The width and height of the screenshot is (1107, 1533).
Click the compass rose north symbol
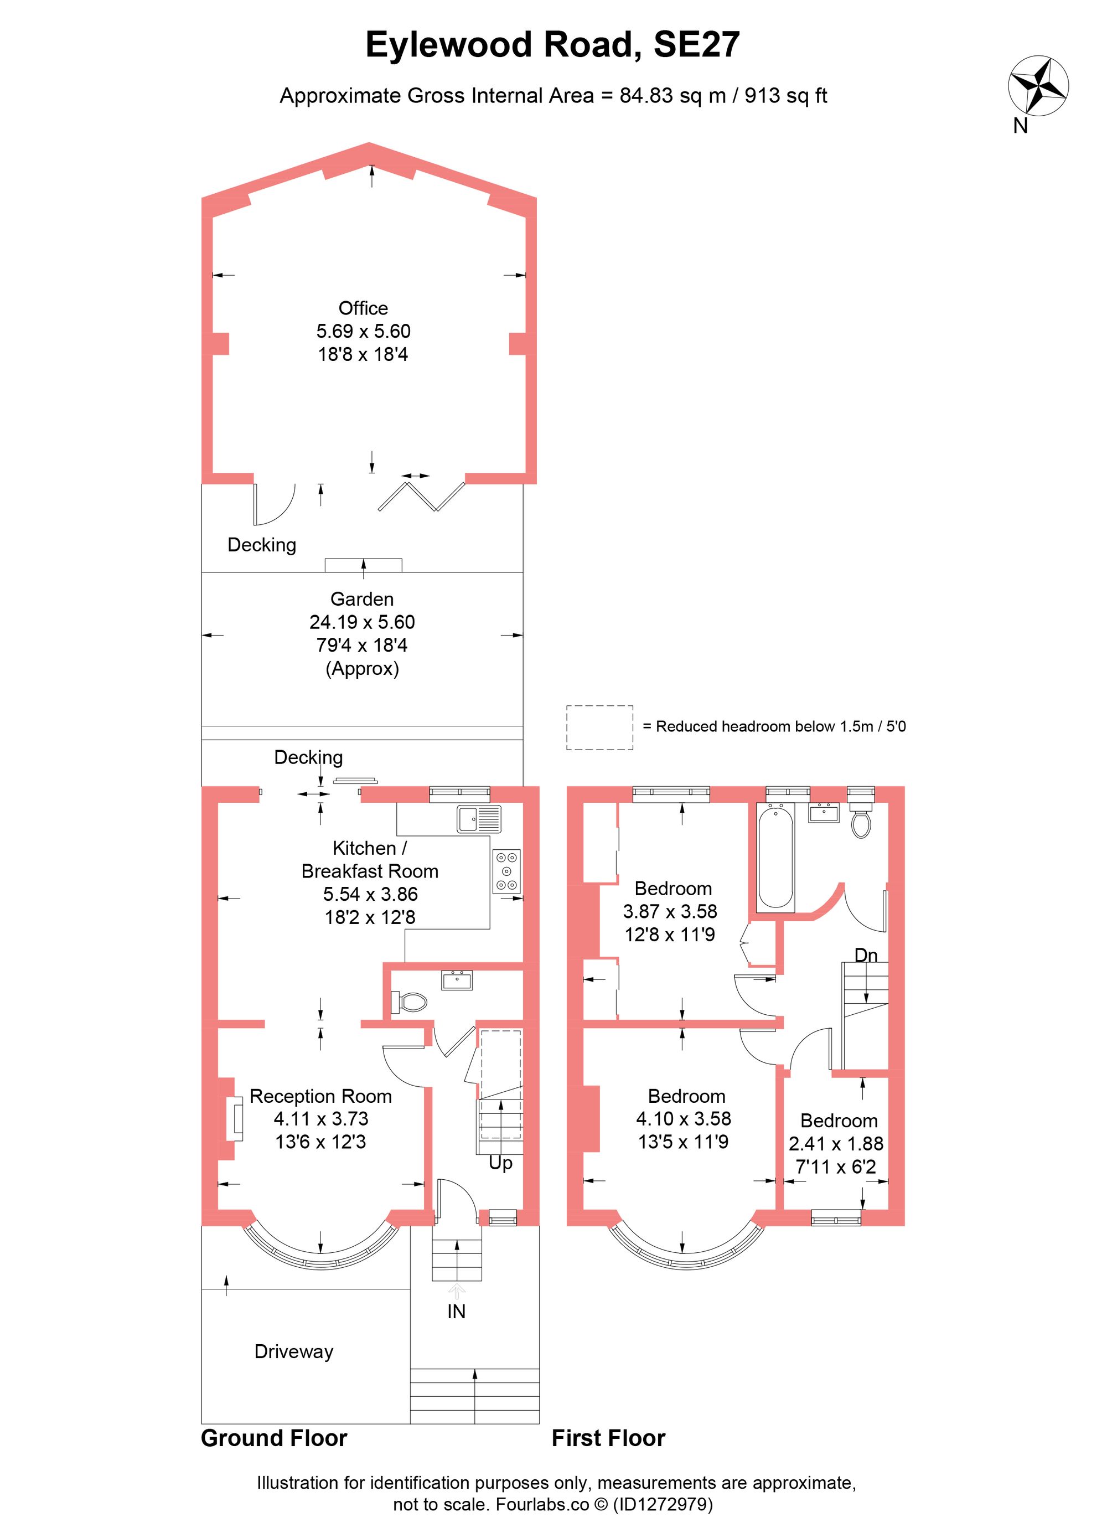click(1038, 86)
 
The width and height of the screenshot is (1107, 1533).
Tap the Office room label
click(363, 308)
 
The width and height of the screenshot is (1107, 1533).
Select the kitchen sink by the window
click(478, 819)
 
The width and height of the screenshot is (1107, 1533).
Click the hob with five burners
click(506, 871)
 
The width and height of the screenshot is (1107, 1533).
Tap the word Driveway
click(293, 1351)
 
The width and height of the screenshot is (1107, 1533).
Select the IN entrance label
click(456, 1312)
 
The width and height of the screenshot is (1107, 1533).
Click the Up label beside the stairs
click(500, 1163)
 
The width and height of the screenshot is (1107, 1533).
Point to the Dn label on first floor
click(866, 955)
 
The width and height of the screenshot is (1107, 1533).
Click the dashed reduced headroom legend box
click(599, 727)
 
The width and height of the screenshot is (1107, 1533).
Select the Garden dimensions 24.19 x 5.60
click(361, 622)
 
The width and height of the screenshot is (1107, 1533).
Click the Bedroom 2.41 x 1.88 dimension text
click(836, 1144)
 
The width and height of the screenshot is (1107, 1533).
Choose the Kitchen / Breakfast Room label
click(370, 859)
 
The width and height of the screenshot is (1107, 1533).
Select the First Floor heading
click(608, 1438)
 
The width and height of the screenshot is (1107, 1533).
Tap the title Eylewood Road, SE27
click(552, 45)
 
